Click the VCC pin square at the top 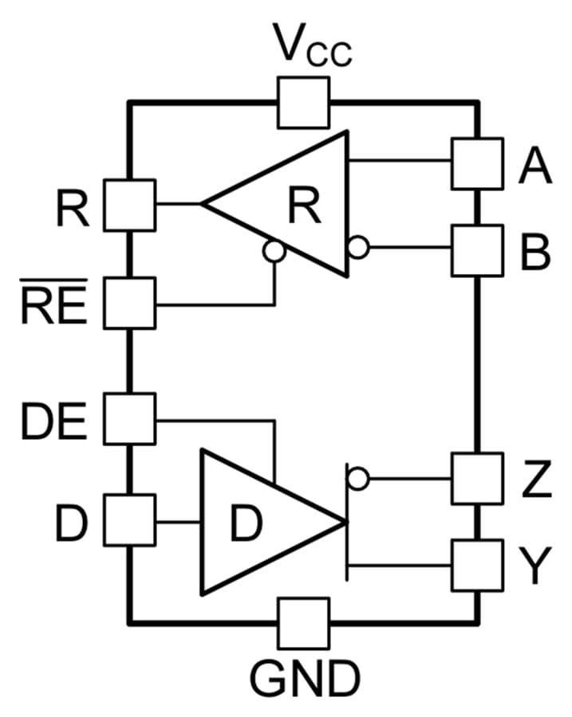[303, 102]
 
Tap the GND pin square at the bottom [303, 624]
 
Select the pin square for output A [477, 163]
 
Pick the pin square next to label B [477, 250]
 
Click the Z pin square [477, 478]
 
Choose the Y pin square [477, 565]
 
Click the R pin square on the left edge [130, 205]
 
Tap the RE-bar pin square [130, 303]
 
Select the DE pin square [130, 419]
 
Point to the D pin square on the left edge [130, 522]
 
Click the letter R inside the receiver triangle [304, 206]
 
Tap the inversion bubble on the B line [359, 249]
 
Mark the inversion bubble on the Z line [358, 478]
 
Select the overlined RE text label [54, 304]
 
